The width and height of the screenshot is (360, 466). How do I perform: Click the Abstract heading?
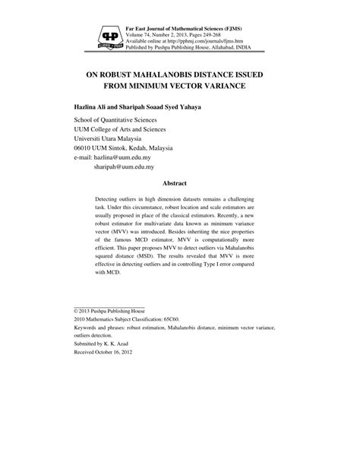point(180,182)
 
